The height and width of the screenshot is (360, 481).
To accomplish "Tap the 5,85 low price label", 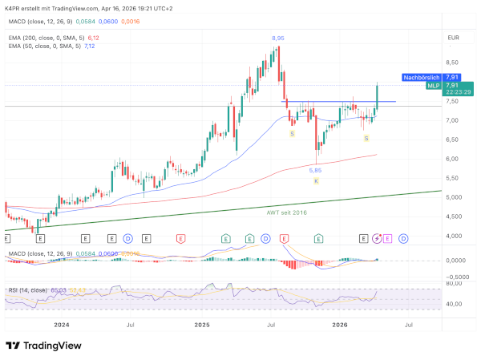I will (316, 170).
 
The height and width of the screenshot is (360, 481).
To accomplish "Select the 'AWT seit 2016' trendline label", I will (285, 212).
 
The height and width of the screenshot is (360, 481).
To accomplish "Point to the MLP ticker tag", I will (431, 86).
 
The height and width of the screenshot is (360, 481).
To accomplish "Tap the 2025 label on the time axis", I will (201, 325).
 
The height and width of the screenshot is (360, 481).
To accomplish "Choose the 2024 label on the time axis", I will (59, 325).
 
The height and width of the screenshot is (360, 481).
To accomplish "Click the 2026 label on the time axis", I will (340, 325).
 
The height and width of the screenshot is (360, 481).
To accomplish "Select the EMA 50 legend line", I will (53, 46).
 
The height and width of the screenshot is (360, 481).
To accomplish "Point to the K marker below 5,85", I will (316, 181).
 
